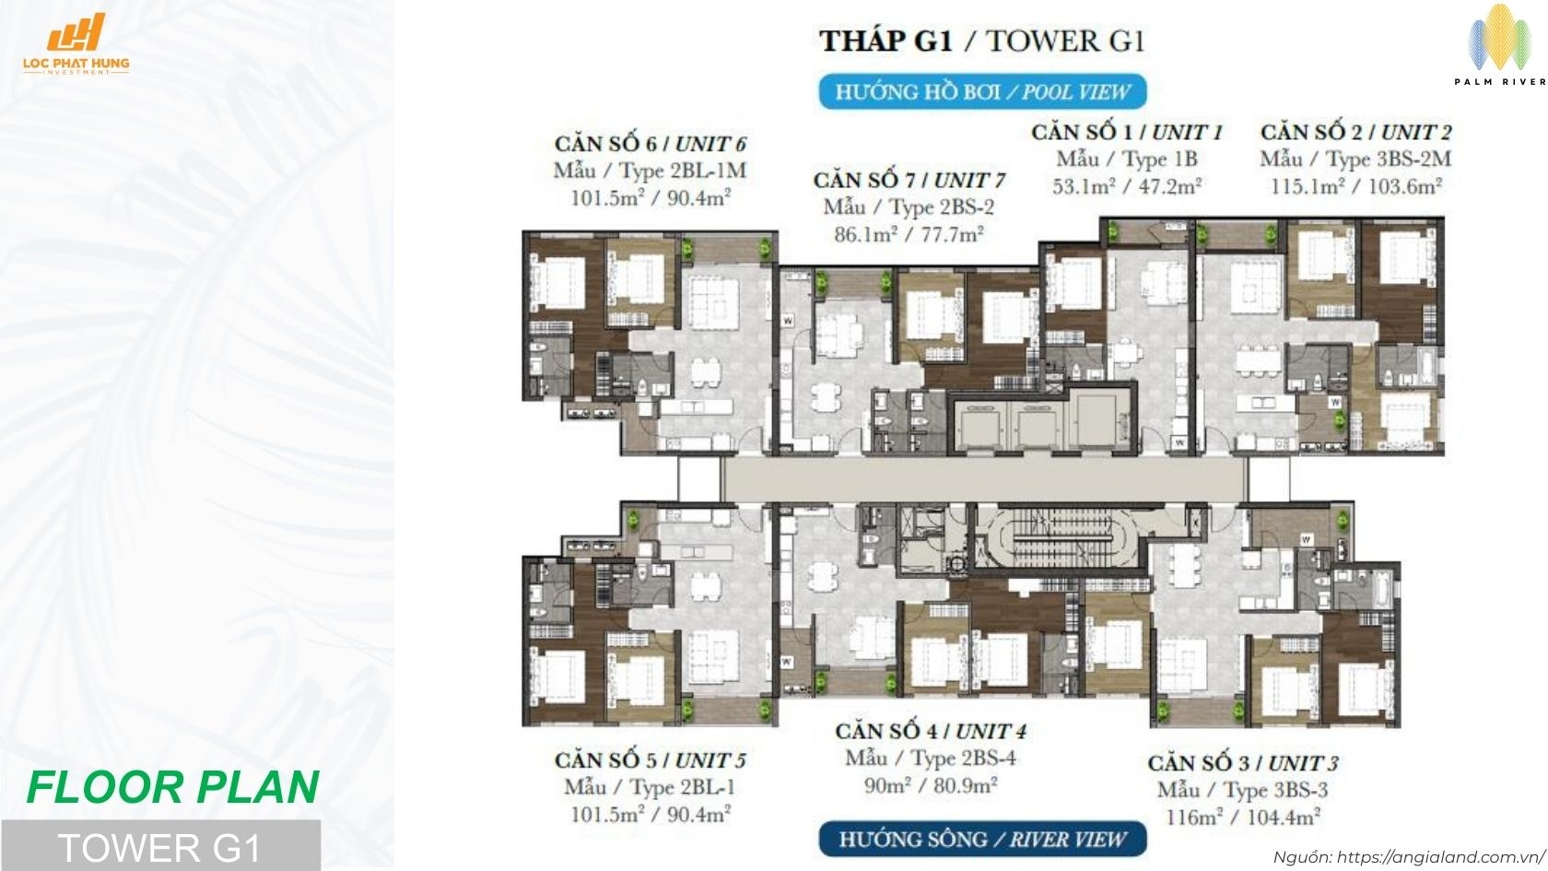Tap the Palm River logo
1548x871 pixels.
[x=1499, y=45]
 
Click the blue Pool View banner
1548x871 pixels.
[x=982, y=92]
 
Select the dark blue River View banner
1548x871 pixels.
[x=982, y=840]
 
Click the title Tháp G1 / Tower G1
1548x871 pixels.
[x=982, y=41]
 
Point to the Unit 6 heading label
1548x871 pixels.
[x=650, y=144]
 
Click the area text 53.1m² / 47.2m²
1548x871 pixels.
[x=1127, y=186]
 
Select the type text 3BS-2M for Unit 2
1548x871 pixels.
[x=1355, y=159]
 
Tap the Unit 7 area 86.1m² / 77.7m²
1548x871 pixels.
[x=909, y=234]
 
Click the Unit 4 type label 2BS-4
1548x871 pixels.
[x=931, y=759]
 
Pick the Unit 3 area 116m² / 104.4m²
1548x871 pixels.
[x=1242, y=817]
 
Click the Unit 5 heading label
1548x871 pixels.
[x=650, y=760]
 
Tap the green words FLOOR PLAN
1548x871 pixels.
[x=173, y=787]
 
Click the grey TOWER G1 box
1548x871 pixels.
[x=159, y=846]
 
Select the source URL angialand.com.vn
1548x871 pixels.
[x=1408, y=857]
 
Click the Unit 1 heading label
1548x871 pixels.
[x=1127, y=132]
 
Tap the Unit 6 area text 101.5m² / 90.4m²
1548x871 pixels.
[x=650, y=197]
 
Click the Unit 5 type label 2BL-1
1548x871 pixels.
[x=650, y=787]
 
